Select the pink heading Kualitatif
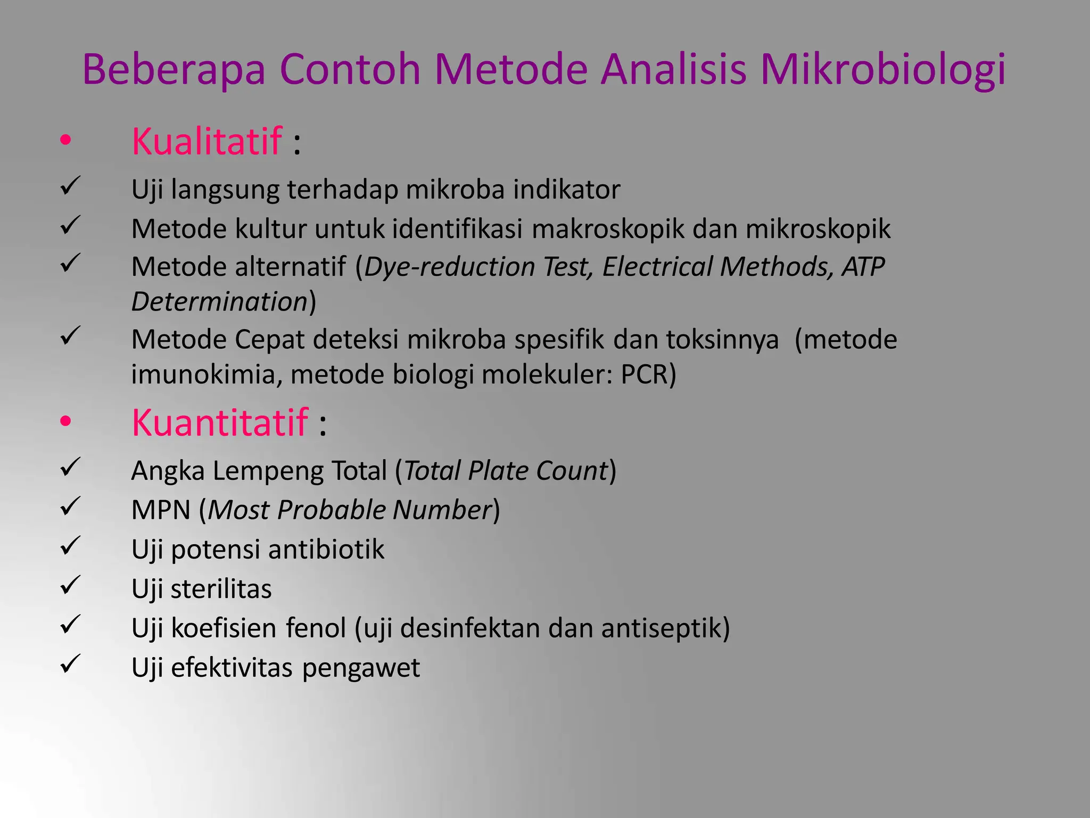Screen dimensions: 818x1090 point(207,142)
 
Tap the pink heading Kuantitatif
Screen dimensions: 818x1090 point(219,423)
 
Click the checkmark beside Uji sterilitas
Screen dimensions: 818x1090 point(70,585)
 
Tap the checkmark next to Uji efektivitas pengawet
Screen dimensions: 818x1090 point(70,664)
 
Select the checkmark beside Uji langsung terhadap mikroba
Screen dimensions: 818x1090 point(70,186)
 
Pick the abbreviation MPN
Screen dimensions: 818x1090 point(161,510)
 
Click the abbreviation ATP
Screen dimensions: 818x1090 point(863,267)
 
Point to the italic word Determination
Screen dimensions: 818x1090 point(219,302)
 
